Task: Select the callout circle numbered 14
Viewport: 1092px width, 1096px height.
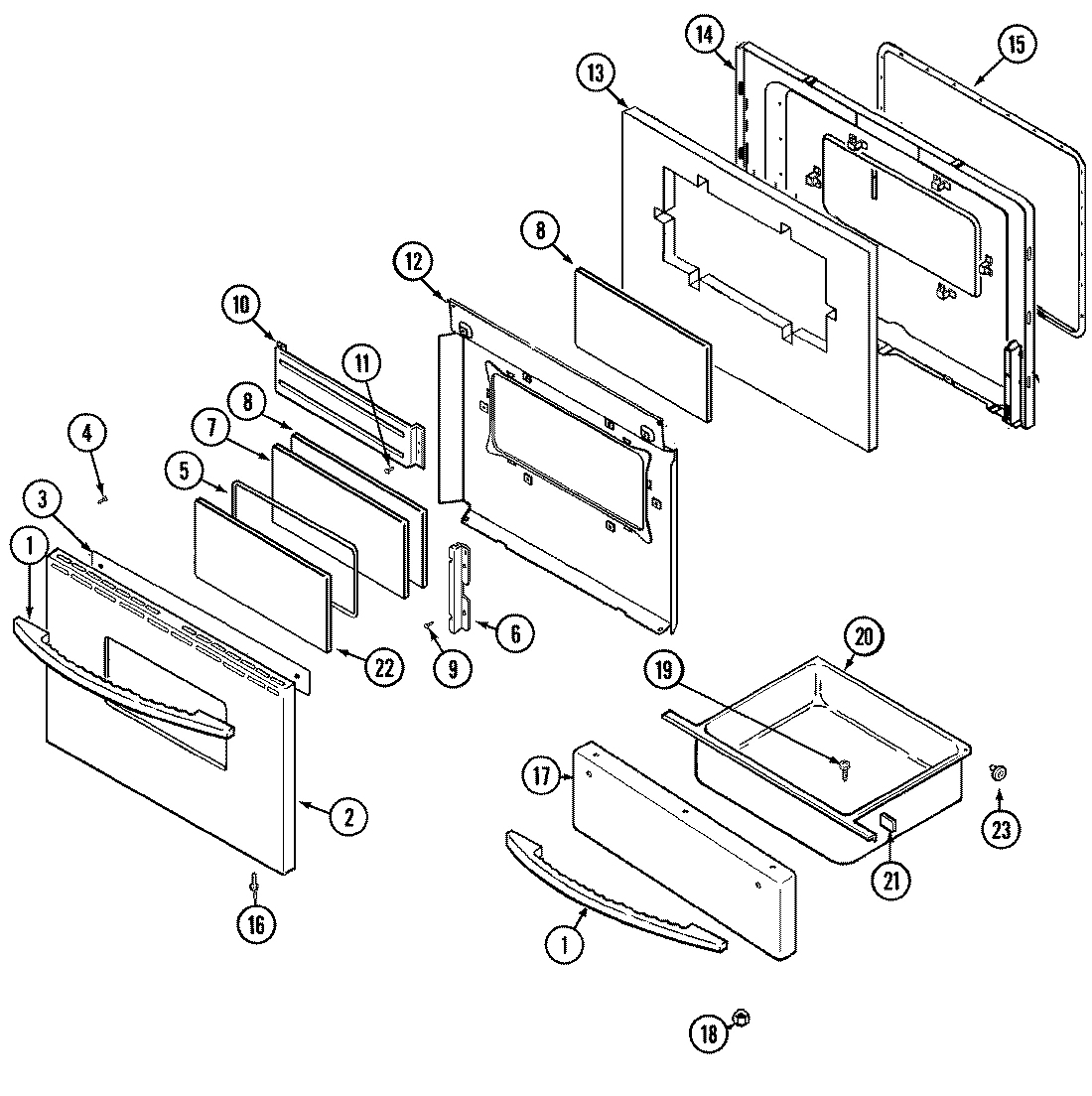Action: (x=704, y=35)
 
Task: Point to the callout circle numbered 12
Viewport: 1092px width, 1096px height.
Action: (x=413, y=262)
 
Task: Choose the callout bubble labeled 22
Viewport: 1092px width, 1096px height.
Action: (x=382, y=668)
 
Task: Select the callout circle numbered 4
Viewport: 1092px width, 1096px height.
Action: (x=87, y=432)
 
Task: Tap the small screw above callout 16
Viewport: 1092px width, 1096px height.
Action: (x=255, y=882)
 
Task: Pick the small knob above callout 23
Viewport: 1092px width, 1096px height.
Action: (x=999, y=771)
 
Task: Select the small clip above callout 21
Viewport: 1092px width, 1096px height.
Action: (x=887, y=819)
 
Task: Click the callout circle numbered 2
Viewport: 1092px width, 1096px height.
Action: (x=348, y=817)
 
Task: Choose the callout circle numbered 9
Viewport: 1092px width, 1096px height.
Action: (x=452, y=668)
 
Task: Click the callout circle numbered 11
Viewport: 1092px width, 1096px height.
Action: (x=362, y=365)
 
